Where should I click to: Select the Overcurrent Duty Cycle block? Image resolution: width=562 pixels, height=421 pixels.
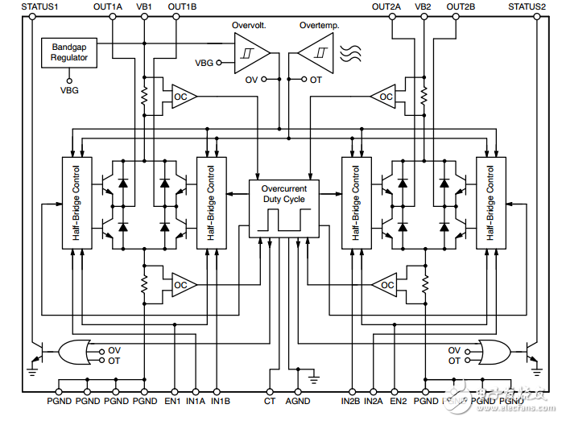pos(283,208)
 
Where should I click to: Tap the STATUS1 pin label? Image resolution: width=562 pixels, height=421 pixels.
pos(29,6)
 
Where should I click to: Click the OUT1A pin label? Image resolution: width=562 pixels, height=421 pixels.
pos(108,6)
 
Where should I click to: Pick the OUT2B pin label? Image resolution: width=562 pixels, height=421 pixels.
pos(461,6)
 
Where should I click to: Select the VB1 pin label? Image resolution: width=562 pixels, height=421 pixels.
pos(144,6)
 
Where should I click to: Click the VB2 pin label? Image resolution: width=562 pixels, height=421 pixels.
pos(423,6)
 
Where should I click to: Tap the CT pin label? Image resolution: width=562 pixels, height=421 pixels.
pos(270,400)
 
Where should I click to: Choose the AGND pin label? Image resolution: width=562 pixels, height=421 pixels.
pos(298,400)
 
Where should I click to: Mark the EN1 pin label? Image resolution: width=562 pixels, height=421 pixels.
pos(172,400)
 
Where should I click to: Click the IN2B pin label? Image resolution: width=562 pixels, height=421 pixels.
pos(352,400)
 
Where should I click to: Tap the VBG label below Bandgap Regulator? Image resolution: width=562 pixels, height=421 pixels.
pos(69,90)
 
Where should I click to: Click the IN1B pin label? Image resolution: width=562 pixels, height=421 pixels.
pos(221,400)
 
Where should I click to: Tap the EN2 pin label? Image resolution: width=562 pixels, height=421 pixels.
pos(399,400)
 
